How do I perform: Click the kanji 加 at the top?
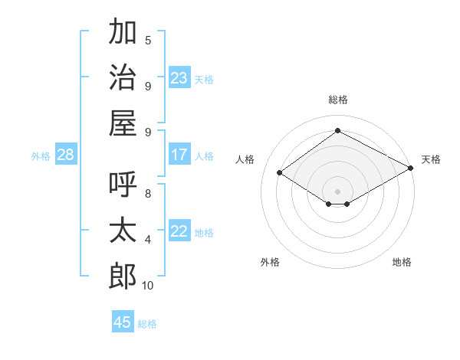pyautogui.click(x=123, y=31)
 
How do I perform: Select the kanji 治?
pyautogui.click(x=123, y=77)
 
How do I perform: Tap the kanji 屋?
pyautogui.click(x=123, y=123)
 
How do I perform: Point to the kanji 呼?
pyautogui.click(x=123, y=184)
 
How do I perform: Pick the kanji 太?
pyautogui.click(x=123, y=230)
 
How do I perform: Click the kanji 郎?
pyautogui.click(x=123, y=276)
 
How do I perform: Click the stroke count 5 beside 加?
pyautogui.click(x=148, y=40)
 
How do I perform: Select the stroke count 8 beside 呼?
pyautogui.click(x=148, y=194)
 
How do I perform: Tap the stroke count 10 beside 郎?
pyautogui.click(x=147, y=286)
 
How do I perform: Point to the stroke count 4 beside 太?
pyautogui.click(x=148, y=240)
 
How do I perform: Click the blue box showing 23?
pyautogui.click(x=179, y=77)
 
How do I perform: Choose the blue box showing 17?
pyautogui.click(x=179, y=154)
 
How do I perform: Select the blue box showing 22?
pyautogui.click(x=179, y=230)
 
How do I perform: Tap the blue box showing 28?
pyautogui.click(x=66, y=154)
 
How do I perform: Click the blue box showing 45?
pyautogui.click(x=123, y=321)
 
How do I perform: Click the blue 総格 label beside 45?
pyautogui.click(x=147, y=324)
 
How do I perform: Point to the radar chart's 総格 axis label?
pyautogui.click(x=338, y=100)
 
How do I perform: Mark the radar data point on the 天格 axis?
pyautogui.click(x=411, y=168)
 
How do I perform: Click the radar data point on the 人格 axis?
pyautogui.click(x=279, y=172)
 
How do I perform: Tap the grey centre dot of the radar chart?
pyautogui.click(x=337, y=191)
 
